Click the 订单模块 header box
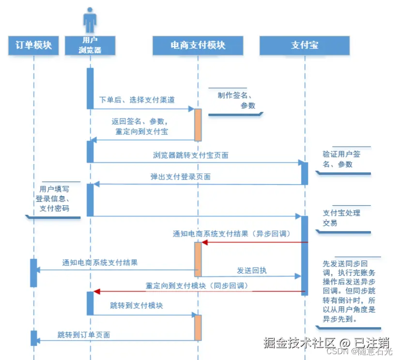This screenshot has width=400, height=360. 33,45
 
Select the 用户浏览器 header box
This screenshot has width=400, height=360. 90,45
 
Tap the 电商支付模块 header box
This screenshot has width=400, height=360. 198,45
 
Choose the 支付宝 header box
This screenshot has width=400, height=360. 305,45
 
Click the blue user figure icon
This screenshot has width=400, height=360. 90,20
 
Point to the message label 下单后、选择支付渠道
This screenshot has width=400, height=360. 137,100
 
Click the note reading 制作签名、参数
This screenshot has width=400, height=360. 236,100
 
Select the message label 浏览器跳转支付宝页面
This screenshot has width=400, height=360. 191,155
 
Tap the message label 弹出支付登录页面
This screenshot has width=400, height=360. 180,177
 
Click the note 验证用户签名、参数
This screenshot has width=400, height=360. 342,159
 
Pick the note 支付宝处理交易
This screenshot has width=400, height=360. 341,218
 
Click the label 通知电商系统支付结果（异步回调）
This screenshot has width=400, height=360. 231,234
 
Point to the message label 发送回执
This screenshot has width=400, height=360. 251,270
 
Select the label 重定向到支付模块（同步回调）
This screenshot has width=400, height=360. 197,286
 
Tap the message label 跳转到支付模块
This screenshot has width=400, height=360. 137,306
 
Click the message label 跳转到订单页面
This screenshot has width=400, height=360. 84,334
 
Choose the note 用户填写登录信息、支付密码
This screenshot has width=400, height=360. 54,198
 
